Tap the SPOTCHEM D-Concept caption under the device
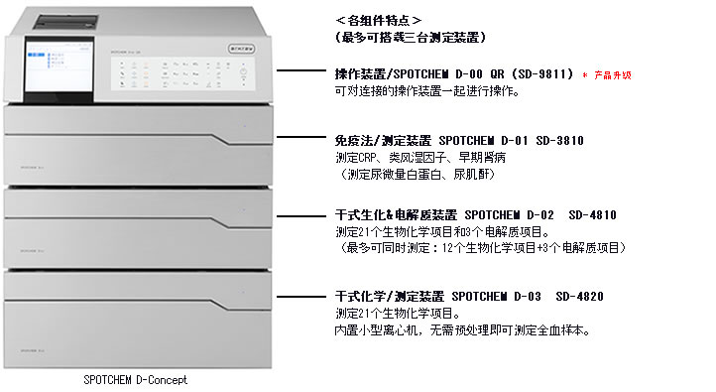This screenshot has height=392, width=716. tap(136, 379)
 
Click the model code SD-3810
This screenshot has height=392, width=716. tap(557, 141)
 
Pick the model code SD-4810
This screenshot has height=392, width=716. tap(592, 214)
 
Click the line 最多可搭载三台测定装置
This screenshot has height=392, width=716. tap(411, 37)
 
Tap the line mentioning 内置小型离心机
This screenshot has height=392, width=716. tap(463, 329)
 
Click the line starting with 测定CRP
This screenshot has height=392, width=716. tap(416, 158)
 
